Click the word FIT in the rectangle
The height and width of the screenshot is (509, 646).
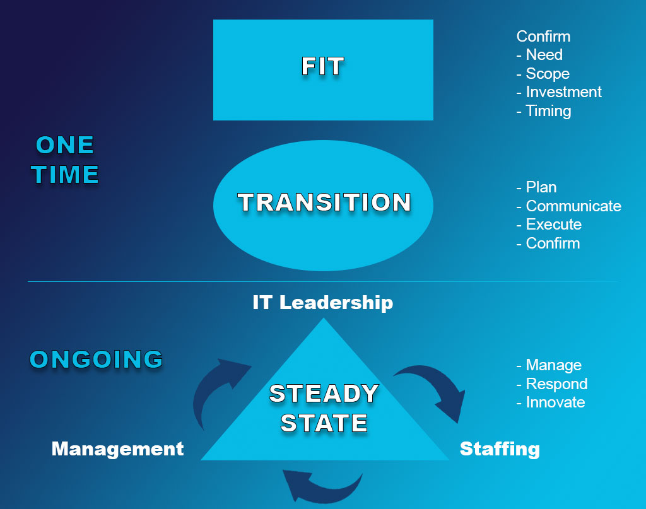323,66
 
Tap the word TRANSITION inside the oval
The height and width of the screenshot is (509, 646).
324,202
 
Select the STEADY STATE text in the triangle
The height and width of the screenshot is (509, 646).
324,408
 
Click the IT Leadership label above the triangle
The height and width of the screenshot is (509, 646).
322,303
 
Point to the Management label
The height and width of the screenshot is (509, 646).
117,449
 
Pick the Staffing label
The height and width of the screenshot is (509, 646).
500,449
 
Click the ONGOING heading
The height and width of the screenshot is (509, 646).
97,359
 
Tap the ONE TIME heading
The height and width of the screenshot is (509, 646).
65,160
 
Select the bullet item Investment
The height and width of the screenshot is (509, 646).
563,92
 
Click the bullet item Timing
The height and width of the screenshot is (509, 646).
548,111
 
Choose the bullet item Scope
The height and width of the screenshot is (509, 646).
548,73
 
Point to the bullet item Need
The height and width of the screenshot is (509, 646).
544,54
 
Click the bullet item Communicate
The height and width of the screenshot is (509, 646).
573,206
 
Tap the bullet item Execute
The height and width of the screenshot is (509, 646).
554,225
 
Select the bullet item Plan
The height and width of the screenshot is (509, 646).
541,187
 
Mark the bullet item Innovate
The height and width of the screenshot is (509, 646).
555,402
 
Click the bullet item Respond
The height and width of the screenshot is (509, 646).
556,384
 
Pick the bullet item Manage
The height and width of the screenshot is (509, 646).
554,365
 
